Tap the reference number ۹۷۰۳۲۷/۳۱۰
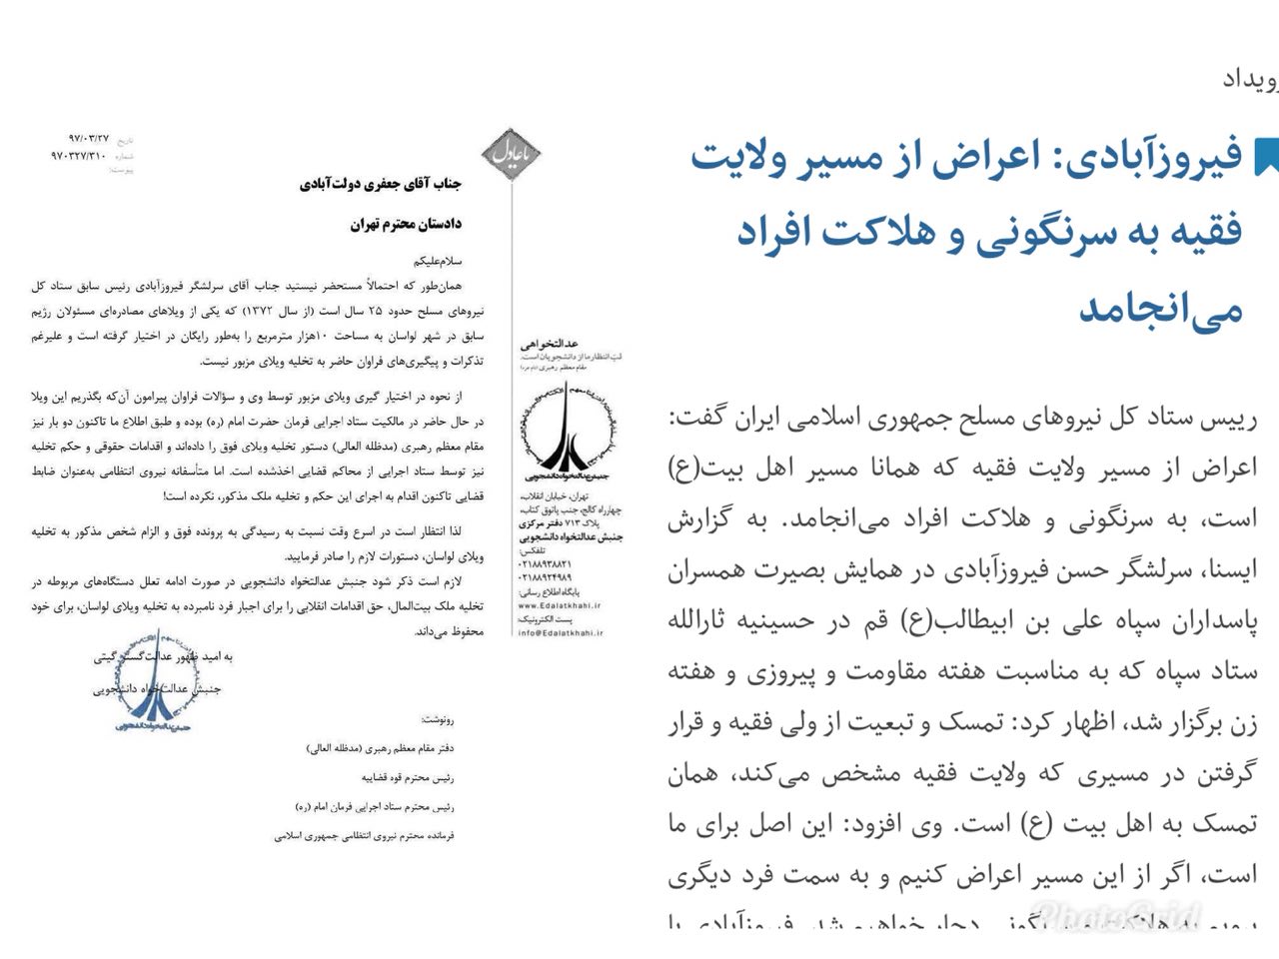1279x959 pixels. point(79,156)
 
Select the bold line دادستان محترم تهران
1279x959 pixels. point(407,224)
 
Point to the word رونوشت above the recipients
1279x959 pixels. point(437,718)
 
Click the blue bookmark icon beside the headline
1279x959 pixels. point(1266,156)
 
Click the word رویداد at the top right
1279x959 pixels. point(1249,80)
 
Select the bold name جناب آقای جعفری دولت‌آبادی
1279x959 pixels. point(383,185)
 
